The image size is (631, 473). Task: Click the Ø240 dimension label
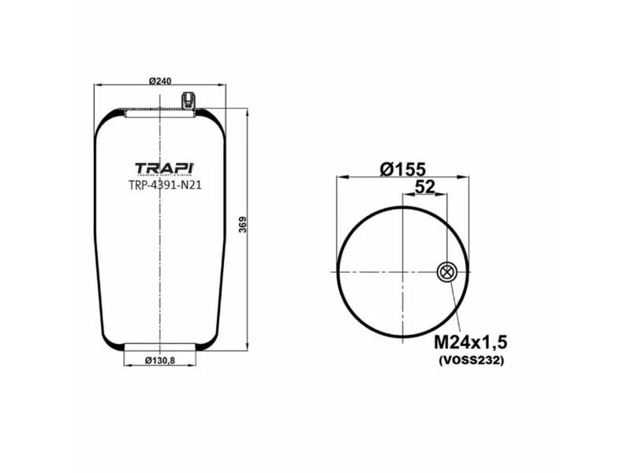(x=160, y=80)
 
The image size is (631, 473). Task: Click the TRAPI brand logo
(x=165, y=169)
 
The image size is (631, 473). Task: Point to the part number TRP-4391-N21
(x=165, y=186)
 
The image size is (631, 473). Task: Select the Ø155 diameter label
(x=402, y=168)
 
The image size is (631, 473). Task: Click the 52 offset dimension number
(x=425, y=187)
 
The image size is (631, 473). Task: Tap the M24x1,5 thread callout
(x=470, y=342)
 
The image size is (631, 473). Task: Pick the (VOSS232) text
(x=470, y=360)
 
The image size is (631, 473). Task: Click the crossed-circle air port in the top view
(x=446, y=273)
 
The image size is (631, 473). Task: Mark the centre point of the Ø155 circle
(x=403, y=273)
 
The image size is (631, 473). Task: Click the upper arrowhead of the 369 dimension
(x=249, y=114)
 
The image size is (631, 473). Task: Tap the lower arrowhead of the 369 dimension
(x=249, y=344)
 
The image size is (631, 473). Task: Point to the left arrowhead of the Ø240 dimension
(x=96, y=85)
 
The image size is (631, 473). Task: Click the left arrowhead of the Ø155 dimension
(x=339, y=177)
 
